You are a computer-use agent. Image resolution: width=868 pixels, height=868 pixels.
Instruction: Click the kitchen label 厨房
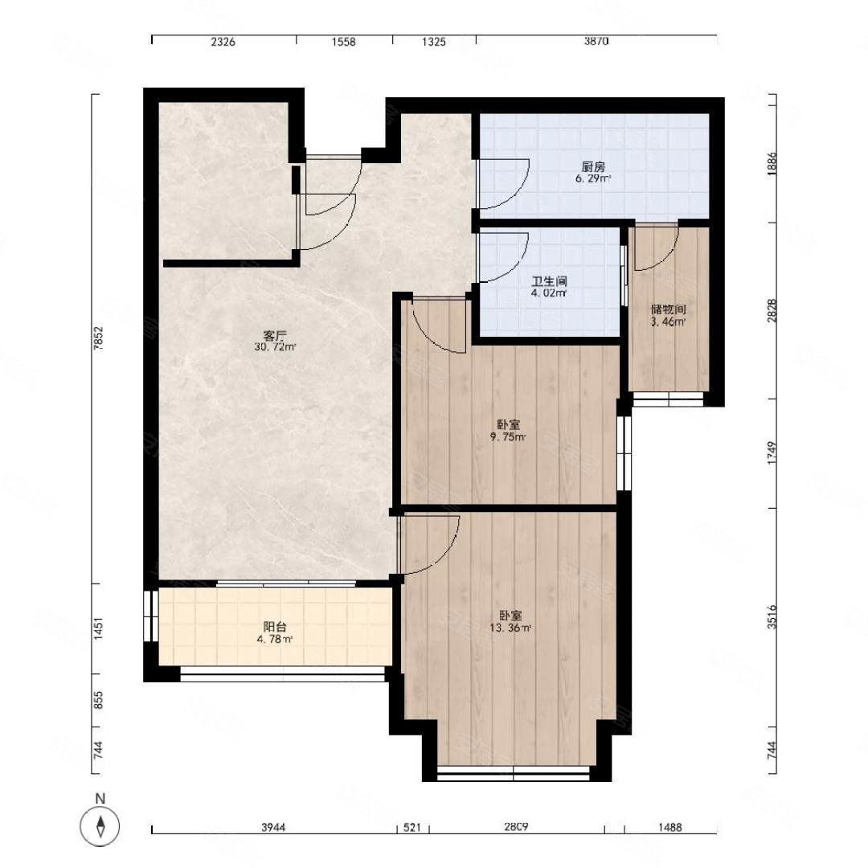593,166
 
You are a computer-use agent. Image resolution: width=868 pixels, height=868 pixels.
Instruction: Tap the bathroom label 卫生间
549,281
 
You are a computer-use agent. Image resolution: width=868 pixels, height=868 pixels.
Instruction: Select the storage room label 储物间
668,309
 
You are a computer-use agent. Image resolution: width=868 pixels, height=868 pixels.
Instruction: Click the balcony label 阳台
275,627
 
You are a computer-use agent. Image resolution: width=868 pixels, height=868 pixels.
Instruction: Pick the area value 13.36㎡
510,628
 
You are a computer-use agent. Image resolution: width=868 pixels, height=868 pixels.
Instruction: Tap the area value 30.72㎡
275,347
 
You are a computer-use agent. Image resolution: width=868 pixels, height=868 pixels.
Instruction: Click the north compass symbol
100,827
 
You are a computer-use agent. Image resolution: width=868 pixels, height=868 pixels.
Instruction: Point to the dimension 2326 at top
223,42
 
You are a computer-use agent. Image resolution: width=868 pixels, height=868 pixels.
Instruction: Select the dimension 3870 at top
596,42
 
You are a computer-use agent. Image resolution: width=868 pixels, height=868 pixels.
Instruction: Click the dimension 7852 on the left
98,338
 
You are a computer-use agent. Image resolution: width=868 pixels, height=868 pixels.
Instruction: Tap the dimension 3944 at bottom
273,827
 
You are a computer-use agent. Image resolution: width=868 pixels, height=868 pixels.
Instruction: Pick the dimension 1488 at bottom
669,827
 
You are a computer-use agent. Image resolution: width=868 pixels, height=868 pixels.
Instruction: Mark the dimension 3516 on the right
772,616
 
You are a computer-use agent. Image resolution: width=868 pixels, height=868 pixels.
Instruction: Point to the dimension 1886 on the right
772,165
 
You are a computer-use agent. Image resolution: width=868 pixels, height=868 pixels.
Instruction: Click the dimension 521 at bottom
411,827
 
